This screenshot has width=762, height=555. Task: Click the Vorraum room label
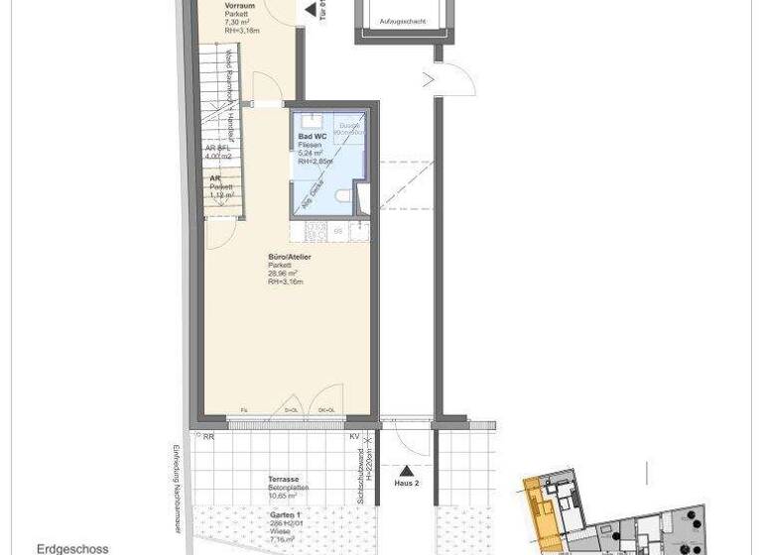coord(239,5)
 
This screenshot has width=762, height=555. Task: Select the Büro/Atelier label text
coord(290,257)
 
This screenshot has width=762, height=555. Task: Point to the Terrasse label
coord(284,479)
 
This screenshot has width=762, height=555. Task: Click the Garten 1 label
coord(285,515)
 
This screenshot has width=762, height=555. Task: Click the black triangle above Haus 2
coord(407,471)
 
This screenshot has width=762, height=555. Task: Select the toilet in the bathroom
coord(343,197)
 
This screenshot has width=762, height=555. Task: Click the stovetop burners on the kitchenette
coord(317,230)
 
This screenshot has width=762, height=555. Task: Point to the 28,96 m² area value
coord(284,274)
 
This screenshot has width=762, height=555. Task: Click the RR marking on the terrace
coord(208,436)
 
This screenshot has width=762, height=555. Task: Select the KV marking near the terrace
coord(354,436)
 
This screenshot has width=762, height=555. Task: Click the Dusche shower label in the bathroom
coord(350,126)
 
